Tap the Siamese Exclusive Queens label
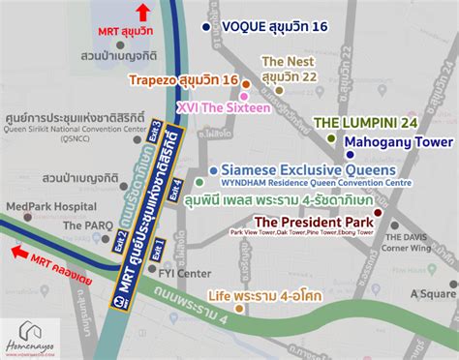290,166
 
